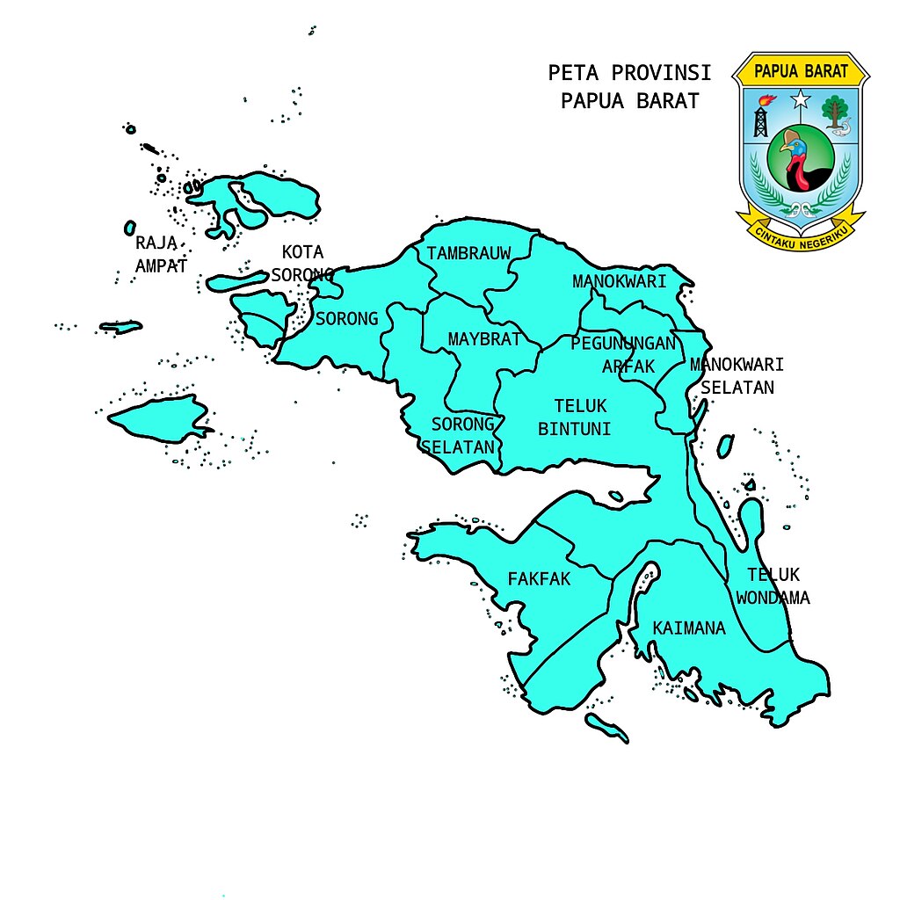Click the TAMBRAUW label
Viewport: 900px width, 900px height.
point(468,254)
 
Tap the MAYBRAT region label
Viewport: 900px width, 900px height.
point(484,339)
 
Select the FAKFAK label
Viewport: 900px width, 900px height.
point(539,579)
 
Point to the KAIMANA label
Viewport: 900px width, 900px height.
point(689,628)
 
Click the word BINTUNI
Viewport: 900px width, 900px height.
point(574,429)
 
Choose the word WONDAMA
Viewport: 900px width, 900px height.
point(773,598)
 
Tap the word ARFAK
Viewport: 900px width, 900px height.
point(628,367)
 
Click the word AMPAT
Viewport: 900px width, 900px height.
point(161,265)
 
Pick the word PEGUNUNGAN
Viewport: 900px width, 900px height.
point(623,344)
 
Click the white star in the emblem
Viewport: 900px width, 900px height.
point(800,99)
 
